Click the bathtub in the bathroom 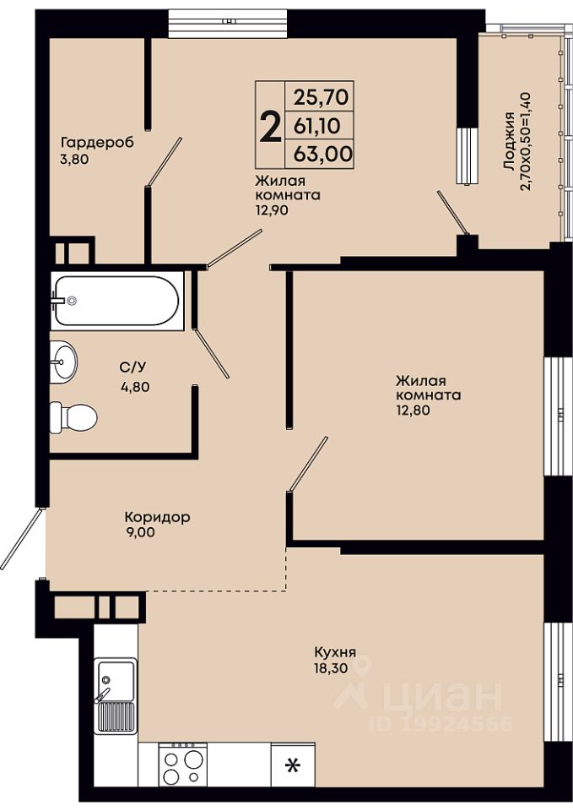click(x=117, y=301)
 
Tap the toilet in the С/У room click(x=73, y=417)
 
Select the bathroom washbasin click(x=63, y=362)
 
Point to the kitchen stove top click(x=182, y=764)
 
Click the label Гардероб click(x=97, y=142)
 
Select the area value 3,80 click(x=74, y=160)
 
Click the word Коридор click(x=157, y=517)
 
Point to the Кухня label click(x=335, y=652)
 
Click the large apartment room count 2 click(x=270, y=128)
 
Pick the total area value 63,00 click(x=323, y=154)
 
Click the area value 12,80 click(x=413, y=411)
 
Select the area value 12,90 click(x=271, y=210)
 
